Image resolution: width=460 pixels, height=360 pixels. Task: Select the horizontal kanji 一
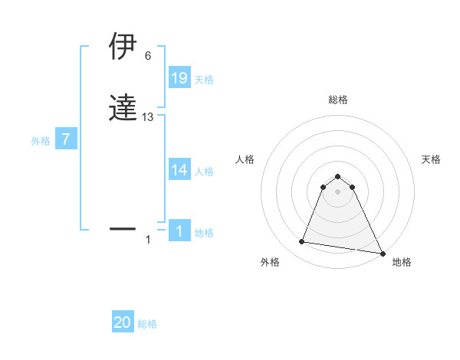tap(123, 228)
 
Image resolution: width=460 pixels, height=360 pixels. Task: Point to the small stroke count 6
tap(148, 56)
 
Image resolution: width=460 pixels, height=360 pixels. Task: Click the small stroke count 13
tap(148, 116)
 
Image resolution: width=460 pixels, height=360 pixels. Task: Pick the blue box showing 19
tap(179, 78)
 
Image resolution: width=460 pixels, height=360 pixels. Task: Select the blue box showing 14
tap(179, 170)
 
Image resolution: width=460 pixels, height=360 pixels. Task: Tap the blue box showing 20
tap(123, 322)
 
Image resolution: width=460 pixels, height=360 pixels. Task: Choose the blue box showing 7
tap(66, 139)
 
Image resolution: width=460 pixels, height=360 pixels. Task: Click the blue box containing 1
tap(179, 231)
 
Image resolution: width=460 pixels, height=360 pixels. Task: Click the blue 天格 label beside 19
tap(204, 80)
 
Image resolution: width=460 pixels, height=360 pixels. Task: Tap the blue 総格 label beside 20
tap(147, 324)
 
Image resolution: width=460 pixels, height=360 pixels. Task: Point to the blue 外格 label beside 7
tap(40, 141)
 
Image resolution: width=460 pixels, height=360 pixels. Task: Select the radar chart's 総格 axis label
tap(338, 100)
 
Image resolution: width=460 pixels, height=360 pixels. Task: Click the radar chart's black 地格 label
tap(402, 262)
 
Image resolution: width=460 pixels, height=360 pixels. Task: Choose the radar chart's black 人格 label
tap(245, 159)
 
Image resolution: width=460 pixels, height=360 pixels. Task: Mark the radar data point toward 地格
tap(383, 253)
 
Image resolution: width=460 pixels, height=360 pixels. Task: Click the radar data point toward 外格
tap(302, 242)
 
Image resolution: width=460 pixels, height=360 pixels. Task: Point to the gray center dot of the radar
tap(338, 191)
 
